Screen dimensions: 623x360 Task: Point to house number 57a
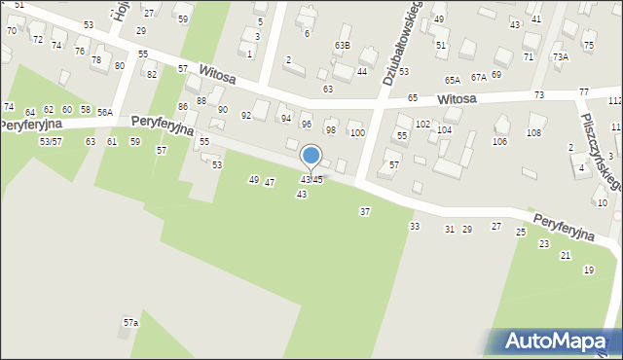pyautogui.click(x=130, y=322)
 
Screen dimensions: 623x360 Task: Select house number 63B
pyautogui.click(x=342, y=45)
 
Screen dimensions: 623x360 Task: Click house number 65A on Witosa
pyautogui.click(x=453, y=80)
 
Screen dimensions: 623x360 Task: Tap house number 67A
pyautogui.click(x=478, y=76)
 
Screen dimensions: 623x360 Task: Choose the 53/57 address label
pyautogui.click(x=51, y=142)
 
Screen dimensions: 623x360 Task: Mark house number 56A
pyautogui.click(x=105, y=113)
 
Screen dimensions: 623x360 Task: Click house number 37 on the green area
pyautogui.click(x=365, y=211)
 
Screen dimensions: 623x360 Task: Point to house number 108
pyautogui.click(x=533, y=132)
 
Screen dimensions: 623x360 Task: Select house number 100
pyautogui.click(x=357, y=132)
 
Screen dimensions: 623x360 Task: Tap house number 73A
pyautogui.click(x=561, y=56)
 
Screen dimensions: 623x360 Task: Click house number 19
pyautogui.click(x=588, y=270)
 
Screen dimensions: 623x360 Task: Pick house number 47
pyautogui.click(x=270, y=182)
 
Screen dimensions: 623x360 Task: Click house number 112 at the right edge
pyautogui.click(x=615, y=101)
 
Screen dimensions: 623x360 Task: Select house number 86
pyautogui.click(x=182, y=106)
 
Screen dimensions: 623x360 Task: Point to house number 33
pyautogui.click(x=415, y=226)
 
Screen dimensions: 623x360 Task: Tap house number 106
pyautogui.click(x=499, y=142)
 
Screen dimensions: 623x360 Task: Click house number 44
pyautogui.click(x=362, y=71)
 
